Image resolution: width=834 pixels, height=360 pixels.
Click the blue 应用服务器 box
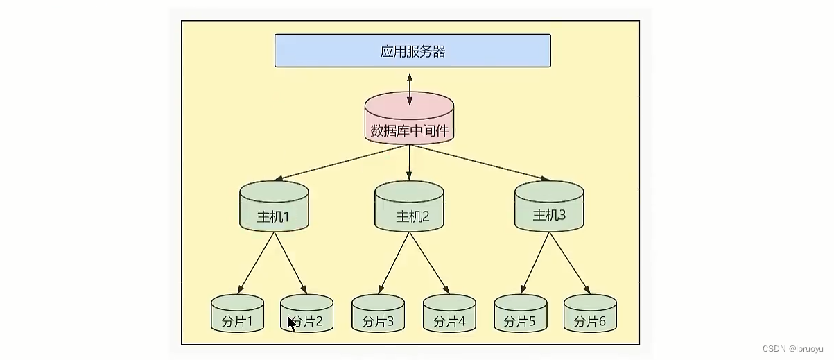coord(412,51)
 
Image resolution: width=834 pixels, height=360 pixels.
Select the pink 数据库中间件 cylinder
coord(410,121)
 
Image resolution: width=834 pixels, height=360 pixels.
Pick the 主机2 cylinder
coord(410,208)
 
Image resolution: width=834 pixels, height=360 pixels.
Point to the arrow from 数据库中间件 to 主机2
coord(410,163)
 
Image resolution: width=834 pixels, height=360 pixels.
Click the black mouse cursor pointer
coord(292,324)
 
